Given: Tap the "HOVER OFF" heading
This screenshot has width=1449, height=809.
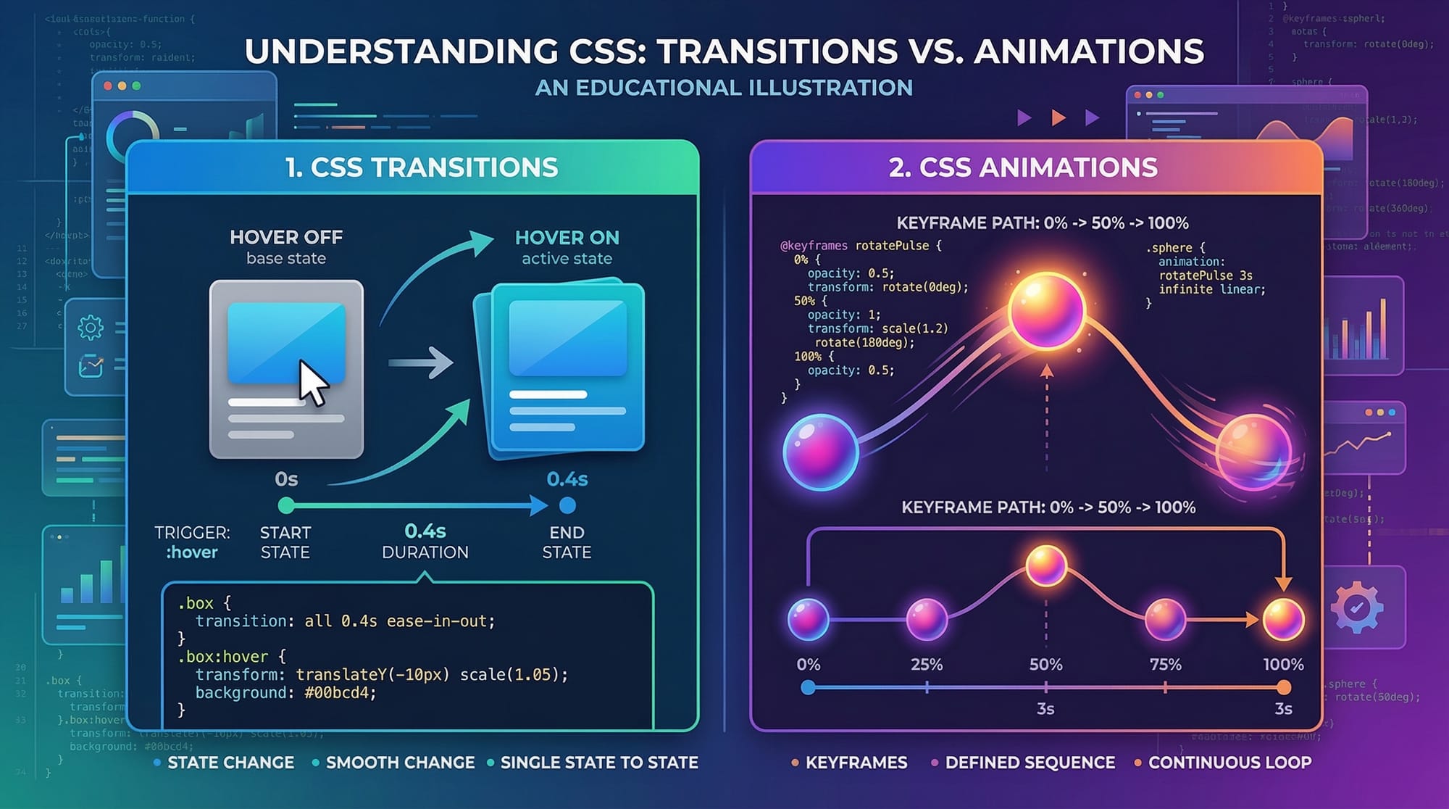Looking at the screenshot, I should [x=286, y=237].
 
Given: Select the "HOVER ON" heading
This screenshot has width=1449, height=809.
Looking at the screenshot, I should [x=567, y=238].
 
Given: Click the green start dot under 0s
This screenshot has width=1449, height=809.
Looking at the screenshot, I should [x=286, y=505].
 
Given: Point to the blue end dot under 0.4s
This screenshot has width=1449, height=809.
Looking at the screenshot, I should [x=567, y=505].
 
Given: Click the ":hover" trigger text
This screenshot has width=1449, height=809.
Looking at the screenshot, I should [x=192, y=552].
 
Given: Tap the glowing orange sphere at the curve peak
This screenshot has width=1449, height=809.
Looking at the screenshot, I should [x=1046, y=310].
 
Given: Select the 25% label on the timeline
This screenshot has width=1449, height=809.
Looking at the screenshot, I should [x=927, y=665].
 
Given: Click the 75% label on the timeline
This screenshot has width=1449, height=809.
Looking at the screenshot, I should [x=1165, y=665].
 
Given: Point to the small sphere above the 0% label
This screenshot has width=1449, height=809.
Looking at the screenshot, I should [x=808, y=620].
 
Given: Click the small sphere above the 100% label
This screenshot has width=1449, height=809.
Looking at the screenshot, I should [x=1283, y=620].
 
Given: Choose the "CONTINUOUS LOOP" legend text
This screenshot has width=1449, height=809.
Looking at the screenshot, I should [x=1229, y=763].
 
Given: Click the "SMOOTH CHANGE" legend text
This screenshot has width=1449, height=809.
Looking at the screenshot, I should [x=400, y=763].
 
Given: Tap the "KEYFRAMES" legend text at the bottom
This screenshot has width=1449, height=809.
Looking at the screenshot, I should [x=856, y=763].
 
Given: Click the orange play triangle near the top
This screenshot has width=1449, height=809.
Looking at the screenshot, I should [x=1058, y=117].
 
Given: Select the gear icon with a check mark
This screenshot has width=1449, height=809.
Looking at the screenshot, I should [x=1356, y=607].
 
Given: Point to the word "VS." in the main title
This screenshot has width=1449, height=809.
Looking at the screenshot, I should [x=934, y=51].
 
